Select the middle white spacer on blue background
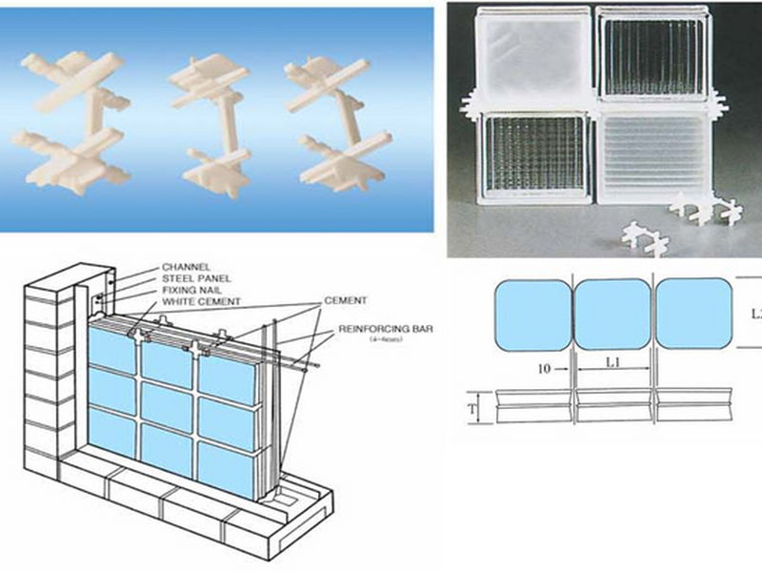click(212, 124)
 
